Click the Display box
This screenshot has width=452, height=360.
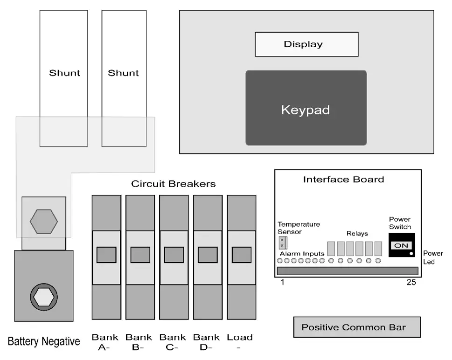tap(306, 45)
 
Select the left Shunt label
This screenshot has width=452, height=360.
tap(64, 73)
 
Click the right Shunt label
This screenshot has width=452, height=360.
tap(123, 73)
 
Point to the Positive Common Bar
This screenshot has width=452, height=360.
tap(357, 327)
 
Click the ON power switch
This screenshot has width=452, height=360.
tap(401, 245)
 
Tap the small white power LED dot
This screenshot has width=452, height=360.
tap(411, 254)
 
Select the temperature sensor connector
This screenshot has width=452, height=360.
tap(282, 242)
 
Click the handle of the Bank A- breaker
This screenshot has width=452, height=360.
tap(106, 255)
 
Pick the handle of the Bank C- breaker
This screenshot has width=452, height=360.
tap(174, 255)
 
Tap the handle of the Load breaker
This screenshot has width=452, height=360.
tap(241, 255)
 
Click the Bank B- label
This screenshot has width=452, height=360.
tap(139, 342)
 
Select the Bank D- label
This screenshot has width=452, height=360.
tap(206, 342)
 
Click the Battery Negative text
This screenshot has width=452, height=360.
tap(44, 341)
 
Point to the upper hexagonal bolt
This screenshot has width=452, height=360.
tap(44, 221)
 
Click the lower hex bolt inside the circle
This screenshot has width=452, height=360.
tap(44, 296)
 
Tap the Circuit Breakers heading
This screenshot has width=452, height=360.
tap(174, 184)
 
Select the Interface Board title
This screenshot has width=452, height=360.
tap(344, 180)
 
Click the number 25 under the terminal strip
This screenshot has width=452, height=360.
tap(411, 283)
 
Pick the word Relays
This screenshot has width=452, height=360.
tap(357, 233)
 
